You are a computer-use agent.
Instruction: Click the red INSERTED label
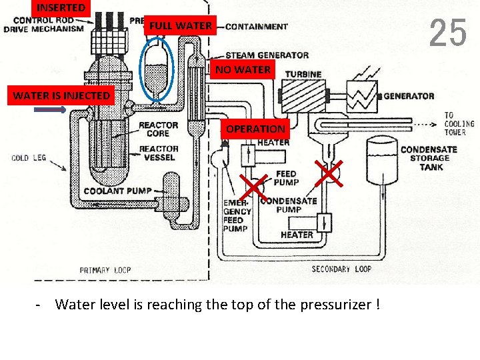click(x=61, y=8)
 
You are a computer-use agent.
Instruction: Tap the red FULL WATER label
click(x=180, y=26)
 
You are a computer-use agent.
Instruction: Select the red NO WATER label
click(x=243, y=69)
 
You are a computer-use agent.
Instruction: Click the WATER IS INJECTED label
click(x=61, y=95)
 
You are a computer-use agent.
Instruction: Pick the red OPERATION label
click(x=255, y=129)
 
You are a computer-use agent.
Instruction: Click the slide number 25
click(x=447, y=33)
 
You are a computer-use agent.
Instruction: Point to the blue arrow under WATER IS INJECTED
click(x=50, y=110)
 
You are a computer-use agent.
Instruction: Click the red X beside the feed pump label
click(x=328, y=171)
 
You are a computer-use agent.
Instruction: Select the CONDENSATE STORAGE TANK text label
click(x=429, y=158)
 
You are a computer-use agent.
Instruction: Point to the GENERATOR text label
click(x=409, y=96)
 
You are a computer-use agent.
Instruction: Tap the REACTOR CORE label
click(x=158, y=129)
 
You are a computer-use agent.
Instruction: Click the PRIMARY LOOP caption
click(x=105, y=270)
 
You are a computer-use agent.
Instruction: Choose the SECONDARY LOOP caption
click(x=341, y=269)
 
